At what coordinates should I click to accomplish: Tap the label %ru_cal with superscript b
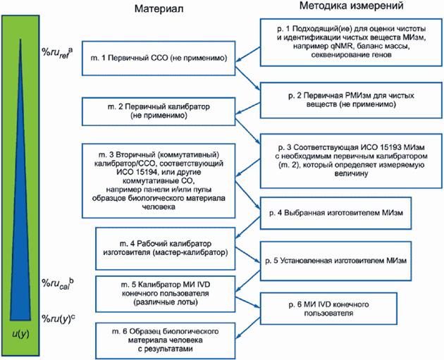(x=58, y=282)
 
